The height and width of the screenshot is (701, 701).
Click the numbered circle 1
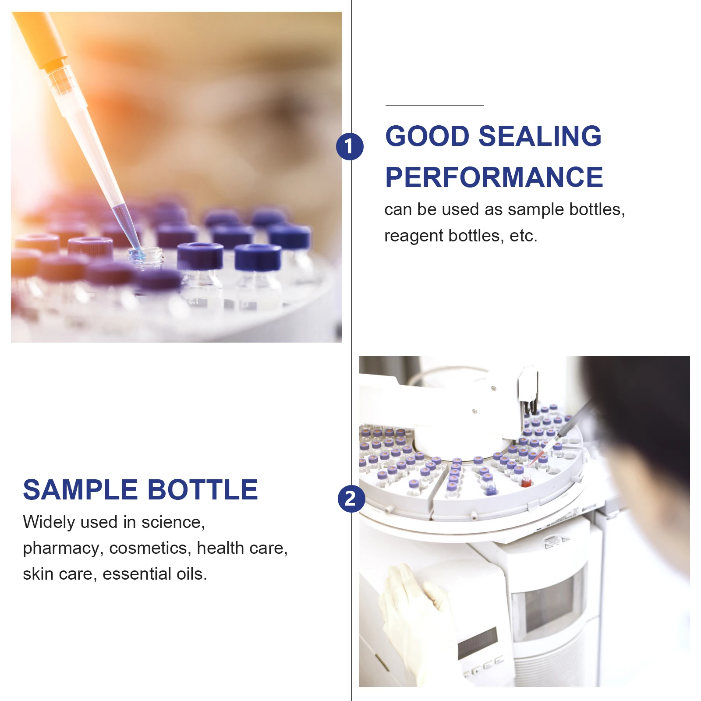[350, 147]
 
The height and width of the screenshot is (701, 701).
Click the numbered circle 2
[351, 499]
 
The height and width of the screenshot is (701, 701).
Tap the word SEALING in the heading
[540, 136]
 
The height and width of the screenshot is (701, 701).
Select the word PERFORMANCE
[494, 177]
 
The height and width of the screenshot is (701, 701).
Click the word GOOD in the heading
[427, 136]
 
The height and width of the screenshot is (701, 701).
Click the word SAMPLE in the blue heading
[80, 489]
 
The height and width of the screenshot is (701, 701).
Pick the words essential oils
[154, 574]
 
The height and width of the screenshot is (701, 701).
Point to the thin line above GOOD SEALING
[434, 105]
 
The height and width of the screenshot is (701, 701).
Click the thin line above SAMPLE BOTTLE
[75, 459]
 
